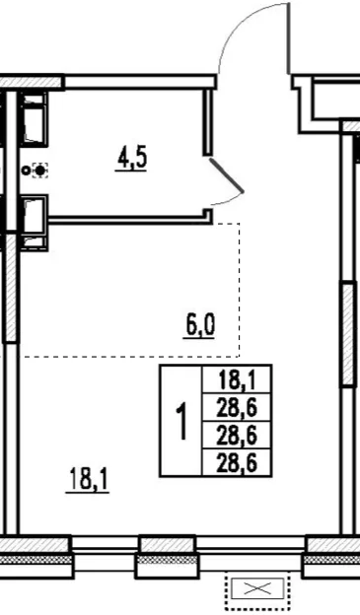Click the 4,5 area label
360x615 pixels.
tap(131, 159)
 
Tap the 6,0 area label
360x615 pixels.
tap(200, 325)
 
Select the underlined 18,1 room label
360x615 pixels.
tap(87, 479)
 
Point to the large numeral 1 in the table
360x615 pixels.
tap(181, 421)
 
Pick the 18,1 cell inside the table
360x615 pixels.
tap(237, 380)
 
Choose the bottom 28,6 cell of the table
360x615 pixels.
tap(237, 463)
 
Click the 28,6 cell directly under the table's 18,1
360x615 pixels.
tap(237, 407)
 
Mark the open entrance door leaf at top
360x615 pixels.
tap(290, 38)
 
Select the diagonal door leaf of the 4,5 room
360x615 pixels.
tap(227, 176)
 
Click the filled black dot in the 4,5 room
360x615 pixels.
tap(40, 171)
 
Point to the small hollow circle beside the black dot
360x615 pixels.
tap(27, 171)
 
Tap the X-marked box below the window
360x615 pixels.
tap(257, 588)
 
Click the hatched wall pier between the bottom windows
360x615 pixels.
tap(168, 545)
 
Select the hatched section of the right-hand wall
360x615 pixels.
tap(349, 333)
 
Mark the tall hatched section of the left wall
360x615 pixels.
tap(11, 288)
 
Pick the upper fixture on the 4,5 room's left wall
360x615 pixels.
tap(34, 119)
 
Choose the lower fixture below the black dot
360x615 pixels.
tap(35, 223)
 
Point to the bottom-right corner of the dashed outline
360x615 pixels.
tap(239, 357)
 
